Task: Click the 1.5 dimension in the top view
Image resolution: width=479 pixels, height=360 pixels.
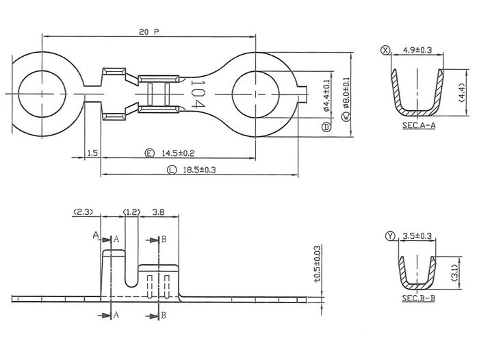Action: [x=92, y=153]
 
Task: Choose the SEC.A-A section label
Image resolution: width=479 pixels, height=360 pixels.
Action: [x=417, y=127]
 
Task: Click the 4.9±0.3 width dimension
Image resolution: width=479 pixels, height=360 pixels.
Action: [x=418, y=50]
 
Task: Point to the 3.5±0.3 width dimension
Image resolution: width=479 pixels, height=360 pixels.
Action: [x=417, y=236]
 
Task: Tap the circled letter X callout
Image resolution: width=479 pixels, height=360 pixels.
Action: [x=387, y=50]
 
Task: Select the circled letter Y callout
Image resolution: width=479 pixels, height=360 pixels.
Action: [x=390, y=236]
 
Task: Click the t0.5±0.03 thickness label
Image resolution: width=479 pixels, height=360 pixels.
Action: [x=317, y=264]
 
